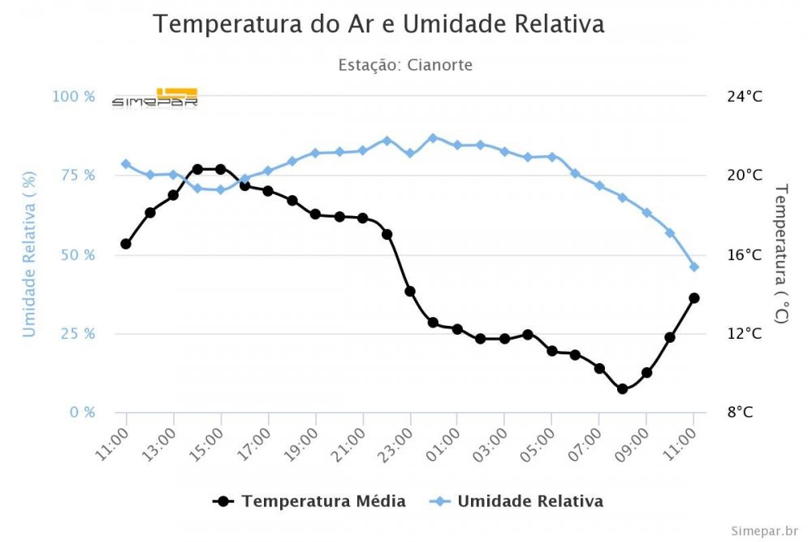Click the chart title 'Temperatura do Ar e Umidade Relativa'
coord(378,24)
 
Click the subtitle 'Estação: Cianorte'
coord(405,64)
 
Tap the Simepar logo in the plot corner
coord(155,97)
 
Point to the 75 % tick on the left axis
coord(75,176)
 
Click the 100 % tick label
coord(74,97)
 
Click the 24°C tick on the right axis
coord(745,97)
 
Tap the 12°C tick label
coord(745,334)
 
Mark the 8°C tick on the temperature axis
coord(740,412)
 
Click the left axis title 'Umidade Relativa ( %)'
coord(29,254)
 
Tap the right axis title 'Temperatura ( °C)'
coord(781,254)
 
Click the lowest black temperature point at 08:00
coord(623,389)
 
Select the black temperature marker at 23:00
coord(410,291)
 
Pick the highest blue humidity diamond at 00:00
coord(433,138)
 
